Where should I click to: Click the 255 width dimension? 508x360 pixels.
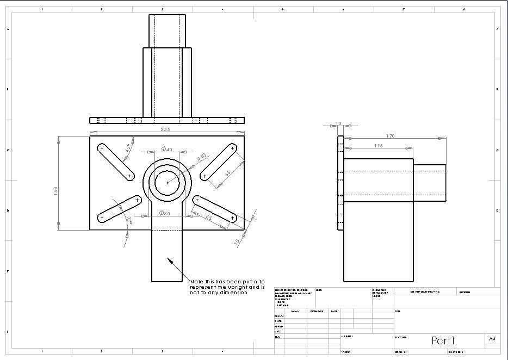pos(165,129)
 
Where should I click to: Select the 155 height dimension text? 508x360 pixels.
pos(56,193)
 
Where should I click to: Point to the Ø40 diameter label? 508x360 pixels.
pos(166,149)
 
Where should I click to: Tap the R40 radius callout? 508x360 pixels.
pos(201,158)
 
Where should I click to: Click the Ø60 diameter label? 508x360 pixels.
pos(165,214)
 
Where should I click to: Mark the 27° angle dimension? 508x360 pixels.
pos(129,220)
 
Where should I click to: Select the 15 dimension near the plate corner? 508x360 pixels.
pos(237,241)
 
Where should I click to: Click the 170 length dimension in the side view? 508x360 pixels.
pos(390,136)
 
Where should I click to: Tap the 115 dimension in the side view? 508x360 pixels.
pos(378,146)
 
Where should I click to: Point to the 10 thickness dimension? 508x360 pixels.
pos(338,123)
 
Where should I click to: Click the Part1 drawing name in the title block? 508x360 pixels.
pos(443,340)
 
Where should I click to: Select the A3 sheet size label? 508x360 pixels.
pos(492,339)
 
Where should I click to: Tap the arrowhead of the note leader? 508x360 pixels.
pos(169,260)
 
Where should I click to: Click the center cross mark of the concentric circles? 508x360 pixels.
pos(167,183)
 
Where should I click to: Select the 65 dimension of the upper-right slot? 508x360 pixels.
pos(227,173)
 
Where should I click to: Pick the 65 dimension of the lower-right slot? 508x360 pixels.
pos(209,218)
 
